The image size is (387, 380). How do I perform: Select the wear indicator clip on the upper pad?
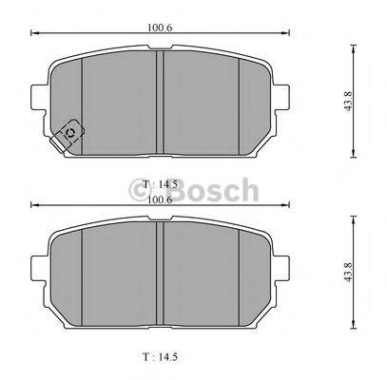point(68,136)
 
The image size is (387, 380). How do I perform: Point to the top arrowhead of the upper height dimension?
point(353,45)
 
